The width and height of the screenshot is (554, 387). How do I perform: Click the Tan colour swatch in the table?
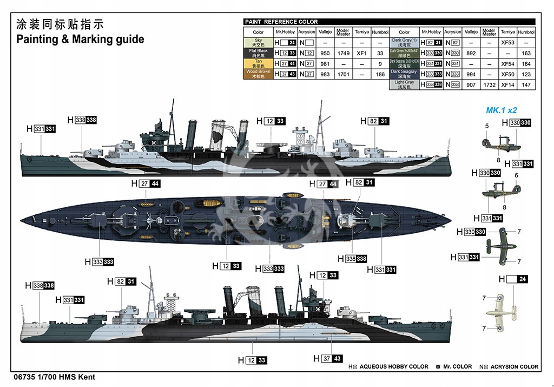click(x=259, y=64)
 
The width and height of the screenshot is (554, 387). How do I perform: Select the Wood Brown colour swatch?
click(x=259, y=74)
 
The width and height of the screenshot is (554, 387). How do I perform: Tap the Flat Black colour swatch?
click(x=259, y=53)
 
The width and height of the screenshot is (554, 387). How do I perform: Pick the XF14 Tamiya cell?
click(x=507, y=85)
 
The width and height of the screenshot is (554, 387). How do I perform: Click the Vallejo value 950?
click(x=325, y=54)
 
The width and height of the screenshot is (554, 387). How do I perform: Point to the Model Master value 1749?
click(x=343, y=54)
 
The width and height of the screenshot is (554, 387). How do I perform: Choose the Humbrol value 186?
click(x=380, y=74)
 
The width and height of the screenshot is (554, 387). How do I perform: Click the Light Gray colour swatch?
click(x=405, y=84)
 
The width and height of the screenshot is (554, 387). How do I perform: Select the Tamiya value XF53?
click(x=507, y=42)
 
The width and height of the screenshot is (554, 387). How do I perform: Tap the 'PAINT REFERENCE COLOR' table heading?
click(x=281, y=22)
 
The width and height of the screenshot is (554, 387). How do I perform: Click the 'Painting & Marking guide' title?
click(x=80, y=40)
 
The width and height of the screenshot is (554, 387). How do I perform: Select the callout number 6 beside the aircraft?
click(x=516, y=175)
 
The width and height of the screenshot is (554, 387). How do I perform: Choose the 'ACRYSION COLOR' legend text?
click(x=513, y=366)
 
